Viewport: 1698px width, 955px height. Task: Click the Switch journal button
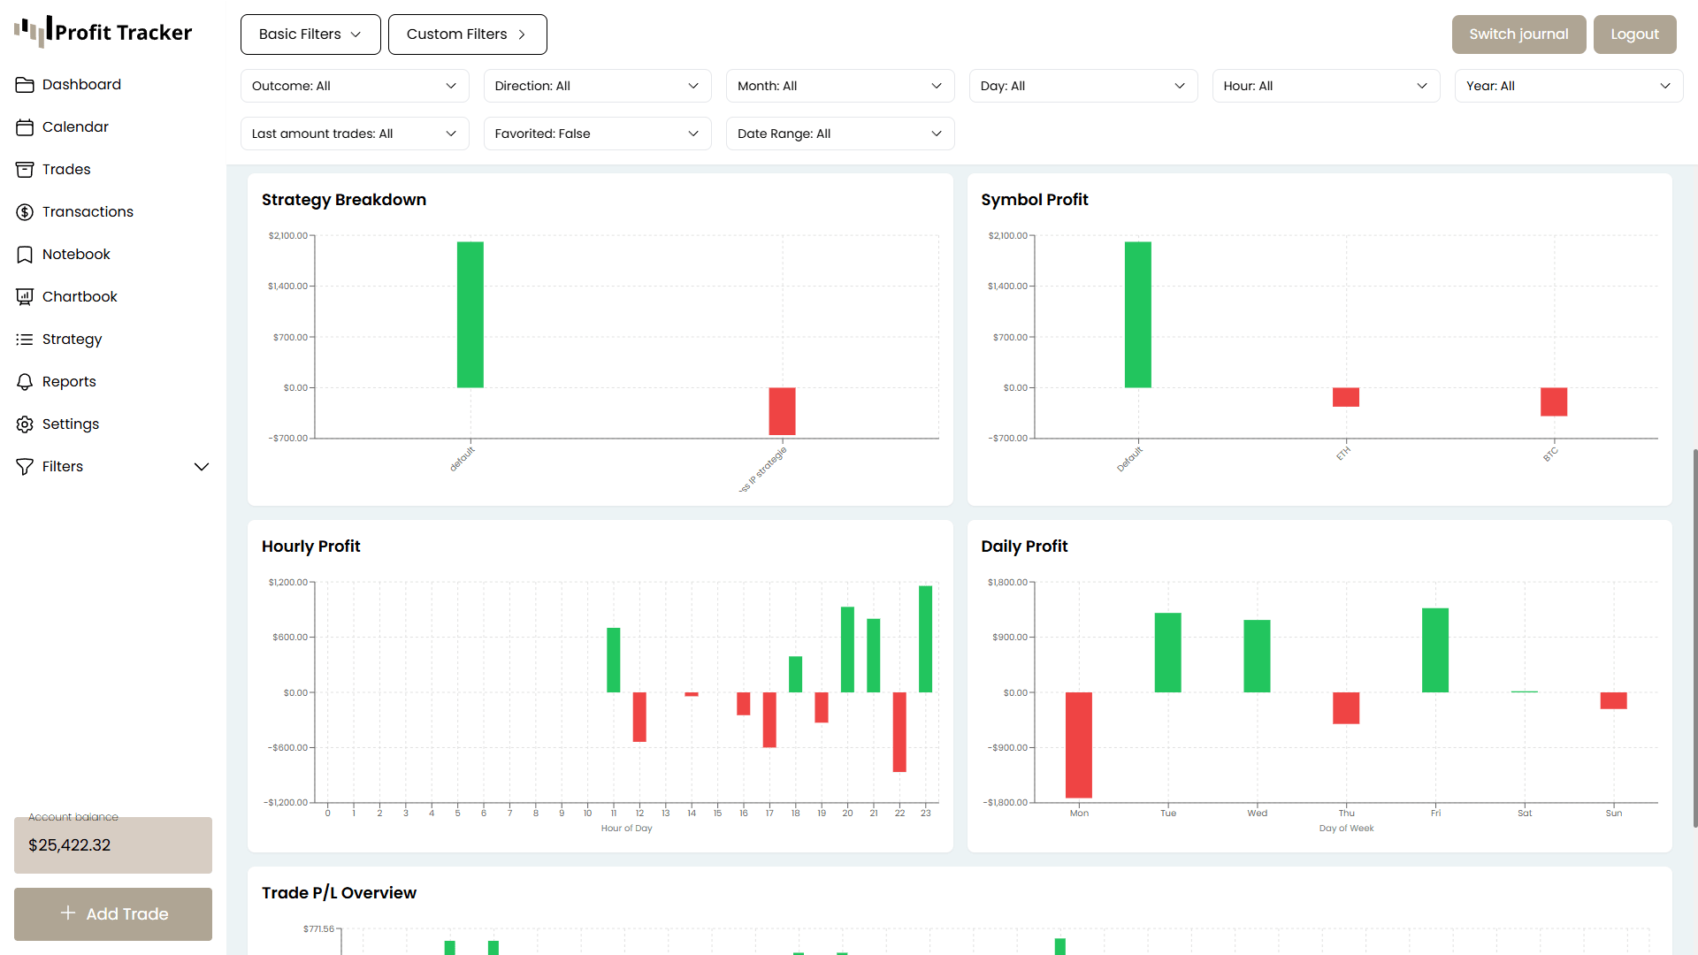(x=1518, y=34)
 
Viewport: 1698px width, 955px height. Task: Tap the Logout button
(x=1634, y=34)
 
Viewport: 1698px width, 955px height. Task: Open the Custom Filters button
(x=467, y=34)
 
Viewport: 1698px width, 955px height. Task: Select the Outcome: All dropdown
(x=354, y=86)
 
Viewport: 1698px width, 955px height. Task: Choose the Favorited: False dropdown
(x=597, y=134)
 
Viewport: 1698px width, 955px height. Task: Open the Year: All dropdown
(x=1568, y=86)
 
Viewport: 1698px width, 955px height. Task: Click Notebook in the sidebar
(x=76, y=254)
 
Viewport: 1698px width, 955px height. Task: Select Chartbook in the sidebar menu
(x=80, y=296)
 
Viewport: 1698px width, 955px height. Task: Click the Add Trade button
(x=113, y=913)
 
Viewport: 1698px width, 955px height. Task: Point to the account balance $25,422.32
(x=70, y=844)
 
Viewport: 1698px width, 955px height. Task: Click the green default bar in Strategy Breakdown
(x=470, y=315)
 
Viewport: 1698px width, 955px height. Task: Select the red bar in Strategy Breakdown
(x=782, y=411)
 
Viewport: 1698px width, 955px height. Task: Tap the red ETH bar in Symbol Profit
(x=1346, y=397)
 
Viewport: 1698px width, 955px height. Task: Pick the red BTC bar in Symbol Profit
(x=1554, y=401)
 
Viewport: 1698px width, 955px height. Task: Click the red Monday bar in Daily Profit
(x=1079, y=745)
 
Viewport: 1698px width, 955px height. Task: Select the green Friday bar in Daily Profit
(x=1435, y=650)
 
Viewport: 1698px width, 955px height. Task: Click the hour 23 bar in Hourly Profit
(x=925, y=638)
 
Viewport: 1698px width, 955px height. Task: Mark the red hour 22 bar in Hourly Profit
(x=899, y=732)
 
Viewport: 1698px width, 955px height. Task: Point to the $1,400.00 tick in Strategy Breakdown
(x=288, y=286)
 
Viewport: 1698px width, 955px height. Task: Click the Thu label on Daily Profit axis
(x=1346, y=814)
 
